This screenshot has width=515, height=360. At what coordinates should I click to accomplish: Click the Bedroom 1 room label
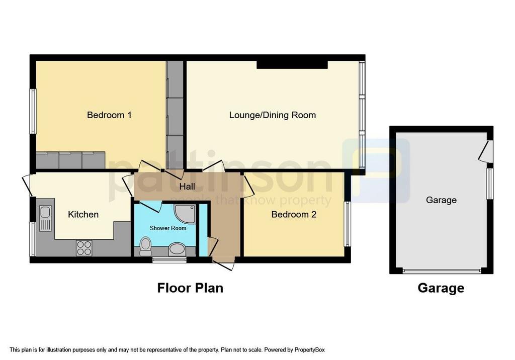[109, 115]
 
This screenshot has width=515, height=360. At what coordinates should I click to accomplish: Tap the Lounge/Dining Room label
[272, 115]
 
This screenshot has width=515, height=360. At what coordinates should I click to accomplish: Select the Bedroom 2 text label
[294, 215]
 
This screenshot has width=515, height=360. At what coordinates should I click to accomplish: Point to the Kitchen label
[83, 215]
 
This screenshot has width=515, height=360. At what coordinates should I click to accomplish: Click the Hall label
[187, 187]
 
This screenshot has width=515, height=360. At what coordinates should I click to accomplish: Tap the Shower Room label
[168, 228]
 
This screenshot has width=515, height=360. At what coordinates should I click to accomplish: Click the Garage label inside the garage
[441, 200]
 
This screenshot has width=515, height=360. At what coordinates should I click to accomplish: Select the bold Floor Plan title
[190, 288]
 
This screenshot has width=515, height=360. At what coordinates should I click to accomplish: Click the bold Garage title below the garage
[441, 288]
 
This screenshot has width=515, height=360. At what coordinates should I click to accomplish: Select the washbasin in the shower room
[176, 249]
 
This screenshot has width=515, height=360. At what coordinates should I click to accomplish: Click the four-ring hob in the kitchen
[84, 248]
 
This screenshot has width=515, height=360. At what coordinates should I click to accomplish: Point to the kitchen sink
[45, 218]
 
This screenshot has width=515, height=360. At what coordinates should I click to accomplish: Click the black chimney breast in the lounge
[292, 64]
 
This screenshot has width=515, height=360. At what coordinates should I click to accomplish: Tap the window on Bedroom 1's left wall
[33, 111]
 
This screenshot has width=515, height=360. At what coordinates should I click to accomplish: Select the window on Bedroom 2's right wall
[347, 224]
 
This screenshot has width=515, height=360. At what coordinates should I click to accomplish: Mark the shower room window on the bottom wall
[169, 260]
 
